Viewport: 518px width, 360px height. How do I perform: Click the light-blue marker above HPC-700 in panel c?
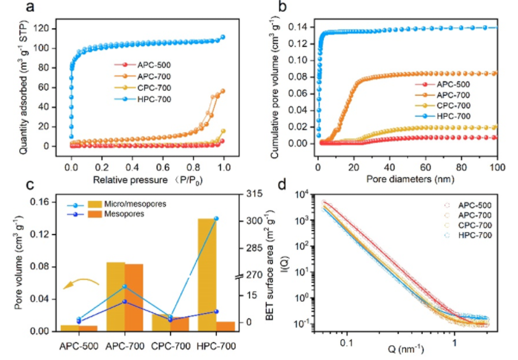coord(216,219)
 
